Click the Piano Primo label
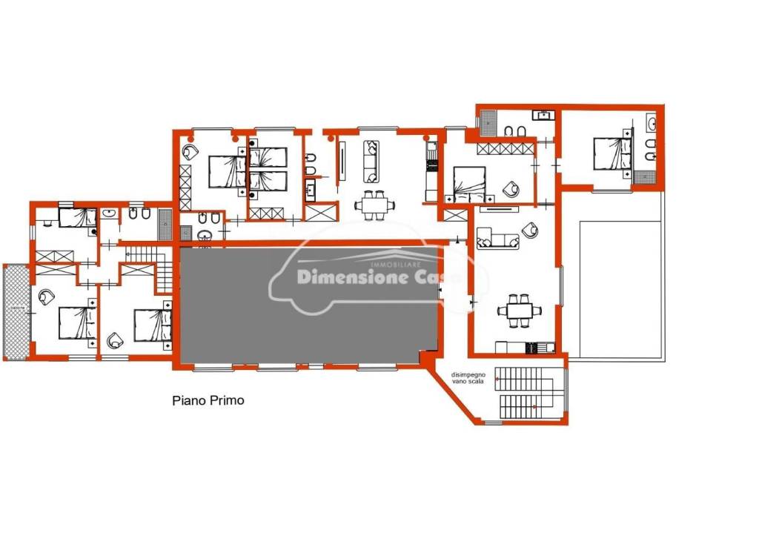pyautogui.click(x=208, y=401)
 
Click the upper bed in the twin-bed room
pyautogui.click(x=268, y=157)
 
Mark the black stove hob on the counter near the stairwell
pyautogui.click(x=530, y=346)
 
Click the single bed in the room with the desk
pyautogui.click(x=78, y=217)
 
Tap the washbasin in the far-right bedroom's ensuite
pyautogui.click(x=652, y=123)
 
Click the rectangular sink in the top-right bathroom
pyautogui.click(x=543, y=114)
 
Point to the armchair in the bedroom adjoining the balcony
pyautogui.click(x=45, y=295)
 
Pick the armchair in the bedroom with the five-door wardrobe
pyautogui.click(x=511, y=188)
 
